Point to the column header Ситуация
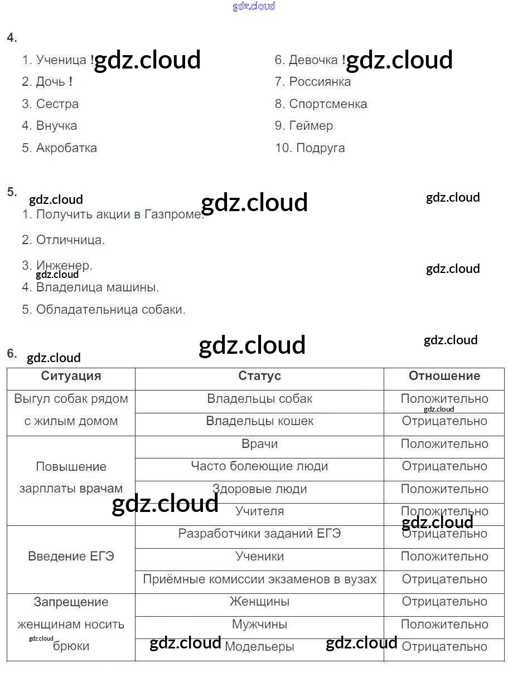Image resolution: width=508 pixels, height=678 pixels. [x=71, y=376]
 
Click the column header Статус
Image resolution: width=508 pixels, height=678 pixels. [x=259, y=376]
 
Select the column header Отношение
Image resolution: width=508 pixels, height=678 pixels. [x=444, y=376]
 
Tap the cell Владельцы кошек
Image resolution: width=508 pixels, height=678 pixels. [x=259, y=421]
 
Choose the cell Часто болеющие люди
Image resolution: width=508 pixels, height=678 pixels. [x=259, y=466]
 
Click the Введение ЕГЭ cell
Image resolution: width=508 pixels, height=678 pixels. [x=71, y=557]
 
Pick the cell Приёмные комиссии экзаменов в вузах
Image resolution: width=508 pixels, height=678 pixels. [x=259, y=579]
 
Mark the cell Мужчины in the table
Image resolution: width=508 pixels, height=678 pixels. [x=259, y=625]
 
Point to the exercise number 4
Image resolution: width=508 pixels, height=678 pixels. [x=12, y=38]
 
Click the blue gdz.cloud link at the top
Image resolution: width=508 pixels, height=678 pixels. [x=254, y=7]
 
